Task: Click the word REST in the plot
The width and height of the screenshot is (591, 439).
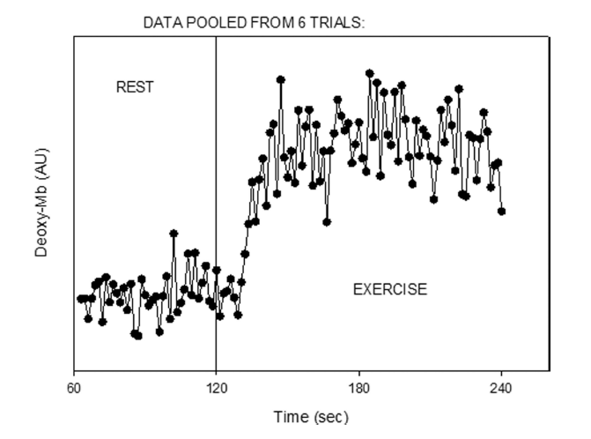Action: [x=135, y=87]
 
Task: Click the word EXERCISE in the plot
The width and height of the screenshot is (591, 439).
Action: [x=389, y=289]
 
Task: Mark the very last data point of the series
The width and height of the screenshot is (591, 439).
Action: [x=501, y=212]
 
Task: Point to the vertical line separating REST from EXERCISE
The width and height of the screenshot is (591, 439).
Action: [x=216, y=176]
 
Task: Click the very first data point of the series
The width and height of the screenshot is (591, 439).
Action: [x=80, y=298]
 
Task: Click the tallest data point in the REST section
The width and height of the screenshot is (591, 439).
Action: [x=174, y=234]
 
